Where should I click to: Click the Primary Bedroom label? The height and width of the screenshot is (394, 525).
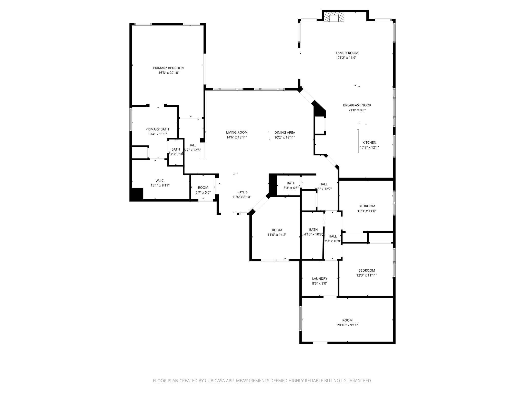[169, 68]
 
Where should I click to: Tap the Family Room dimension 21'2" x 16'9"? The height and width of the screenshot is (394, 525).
[347, 58]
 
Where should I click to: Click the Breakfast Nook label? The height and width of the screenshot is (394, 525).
[357, 105]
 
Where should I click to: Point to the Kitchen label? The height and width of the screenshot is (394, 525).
[369, 143]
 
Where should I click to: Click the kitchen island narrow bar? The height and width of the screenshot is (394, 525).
[358, 141]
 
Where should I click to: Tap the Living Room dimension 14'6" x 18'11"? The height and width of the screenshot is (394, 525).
[237, 137]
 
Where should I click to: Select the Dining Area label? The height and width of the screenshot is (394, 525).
[285, 133]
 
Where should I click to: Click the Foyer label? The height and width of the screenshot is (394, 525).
[241, 192]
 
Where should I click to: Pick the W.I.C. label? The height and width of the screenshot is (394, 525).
[160, 181]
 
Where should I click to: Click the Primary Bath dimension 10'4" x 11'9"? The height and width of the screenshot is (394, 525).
[157, 134]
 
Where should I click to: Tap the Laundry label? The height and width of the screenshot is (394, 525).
[319, 279]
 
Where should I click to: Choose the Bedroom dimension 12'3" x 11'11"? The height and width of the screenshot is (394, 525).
[367, 275]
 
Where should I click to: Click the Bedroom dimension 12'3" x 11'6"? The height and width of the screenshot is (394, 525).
[367, 211]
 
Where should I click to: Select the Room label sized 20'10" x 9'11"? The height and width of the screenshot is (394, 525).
[347, 320]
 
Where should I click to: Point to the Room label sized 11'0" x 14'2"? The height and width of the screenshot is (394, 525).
[277, 230]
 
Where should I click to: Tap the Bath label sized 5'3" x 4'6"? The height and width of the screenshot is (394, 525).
[291, 183]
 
